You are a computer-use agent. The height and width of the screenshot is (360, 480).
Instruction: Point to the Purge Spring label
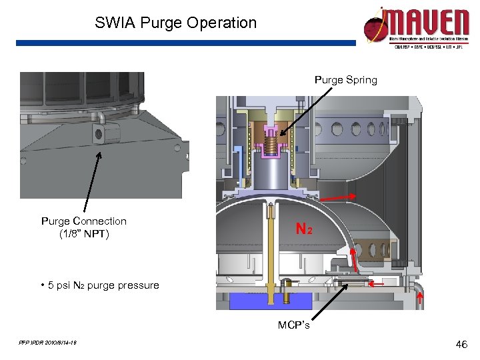(345, 80)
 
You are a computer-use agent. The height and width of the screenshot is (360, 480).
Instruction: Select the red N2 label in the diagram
(304, 229)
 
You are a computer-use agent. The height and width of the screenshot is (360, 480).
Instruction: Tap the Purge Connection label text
(84, 221)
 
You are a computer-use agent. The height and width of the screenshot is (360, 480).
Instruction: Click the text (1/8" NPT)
(84, 234)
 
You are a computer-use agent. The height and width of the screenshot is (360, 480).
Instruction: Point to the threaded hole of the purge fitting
(99, 135)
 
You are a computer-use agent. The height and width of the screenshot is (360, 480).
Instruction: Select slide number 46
(461, 345)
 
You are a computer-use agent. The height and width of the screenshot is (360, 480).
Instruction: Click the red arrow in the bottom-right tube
(419, 299)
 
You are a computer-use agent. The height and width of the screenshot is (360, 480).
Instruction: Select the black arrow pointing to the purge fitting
(92, 180)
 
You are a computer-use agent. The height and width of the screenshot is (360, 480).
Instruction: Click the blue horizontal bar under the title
(187, 43)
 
